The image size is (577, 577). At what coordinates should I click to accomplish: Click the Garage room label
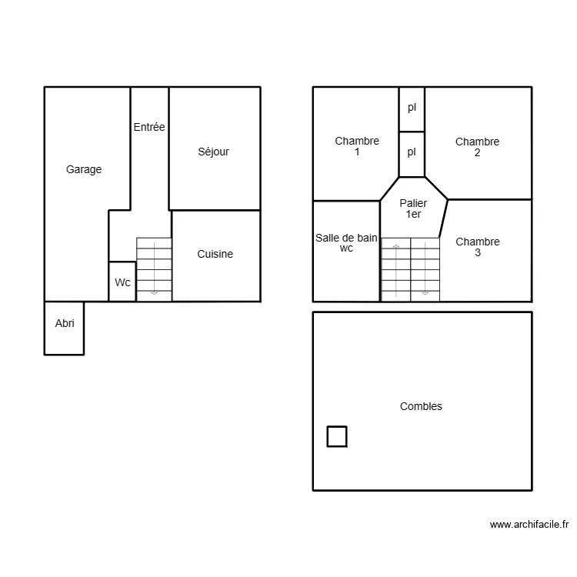(x=84, y=169)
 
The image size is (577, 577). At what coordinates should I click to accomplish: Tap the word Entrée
(x=149, y=127)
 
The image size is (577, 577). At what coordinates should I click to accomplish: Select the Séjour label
(x=213, y=152)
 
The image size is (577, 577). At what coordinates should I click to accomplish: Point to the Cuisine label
(x=215, y=254)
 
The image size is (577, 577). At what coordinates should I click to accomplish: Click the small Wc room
(x=122, y=282)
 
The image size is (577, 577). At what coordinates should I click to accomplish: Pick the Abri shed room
(x=65, y=324)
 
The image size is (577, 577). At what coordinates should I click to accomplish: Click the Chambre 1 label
(x=357, y=146)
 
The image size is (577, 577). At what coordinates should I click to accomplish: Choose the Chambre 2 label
(x=477, y=147)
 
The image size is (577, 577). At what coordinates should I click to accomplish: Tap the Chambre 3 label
(x=477, y=247)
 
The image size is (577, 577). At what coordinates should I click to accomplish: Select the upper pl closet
(x=412, y=108)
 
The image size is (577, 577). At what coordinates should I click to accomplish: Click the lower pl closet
(x=412, y=152)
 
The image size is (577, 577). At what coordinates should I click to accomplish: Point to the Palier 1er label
(x=413, y=208)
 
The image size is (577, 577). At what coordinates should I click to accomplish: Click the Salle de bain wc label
(x=346, y=243)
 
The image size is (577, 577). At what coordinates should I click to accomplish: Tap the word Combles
(x=421, y=406)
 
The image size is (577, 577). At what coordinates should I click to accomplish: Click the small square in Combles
(x=337, y=436)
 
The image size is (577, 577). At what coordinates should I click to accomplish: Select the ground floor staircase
(x=154, y=269)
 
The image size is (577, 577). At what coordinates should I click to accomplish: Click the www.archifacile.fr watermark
(x=529, y=525)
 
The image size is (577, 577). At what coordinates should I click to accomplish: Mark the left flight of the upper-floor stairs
(x=395, y=269)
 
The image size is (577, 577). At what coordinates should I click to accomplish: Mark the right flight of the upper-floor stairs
(x=425, y=269)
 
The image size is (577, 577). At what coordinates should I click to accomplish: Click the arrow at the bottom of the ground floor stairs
(x=154, y=292)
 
